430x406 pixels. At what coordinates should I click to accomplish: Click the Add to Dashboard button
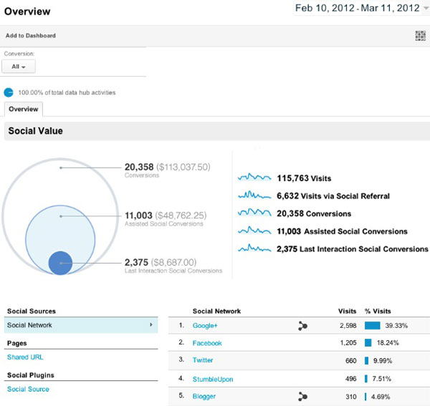click(x=30, y=35)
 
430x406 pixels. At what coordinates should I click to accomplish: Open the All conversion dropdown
click(x=19, y=67)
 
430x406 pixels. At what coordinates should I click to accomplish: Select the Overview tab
click(x=23, y=110)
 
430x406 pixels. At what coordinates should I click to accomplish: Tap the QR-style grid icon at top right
click(x=420, y=36)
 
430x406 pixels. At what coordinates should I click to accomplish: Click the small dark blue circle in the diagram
click(x=61, y=263)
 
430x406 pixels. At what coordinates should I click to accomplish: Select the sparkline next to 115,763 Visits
click(x=254, y=178)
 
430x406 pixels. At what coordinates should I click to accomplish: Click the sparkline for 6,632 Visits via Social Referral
click(x=254, y=195)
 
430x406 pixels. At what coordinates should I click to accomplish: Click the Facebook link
click(x=207, y=343)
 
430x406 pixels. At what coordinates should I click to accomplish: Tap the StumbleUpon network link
click(x=213, y=379)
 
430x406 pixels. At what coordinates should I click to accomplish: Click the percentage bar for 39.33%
click(x=372, y=326)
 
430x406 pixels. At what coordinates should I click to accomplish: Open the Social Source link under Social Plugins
click(x=28, y=389)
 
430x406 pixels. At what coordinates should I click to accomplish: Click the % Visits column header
click(x=378, y=311)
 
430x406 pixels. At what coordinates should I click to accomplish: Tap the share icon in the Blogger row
click(x=302, y=396)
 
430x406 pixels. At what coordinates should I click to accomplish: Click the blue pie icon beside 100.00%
click(x=9, y=92)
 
